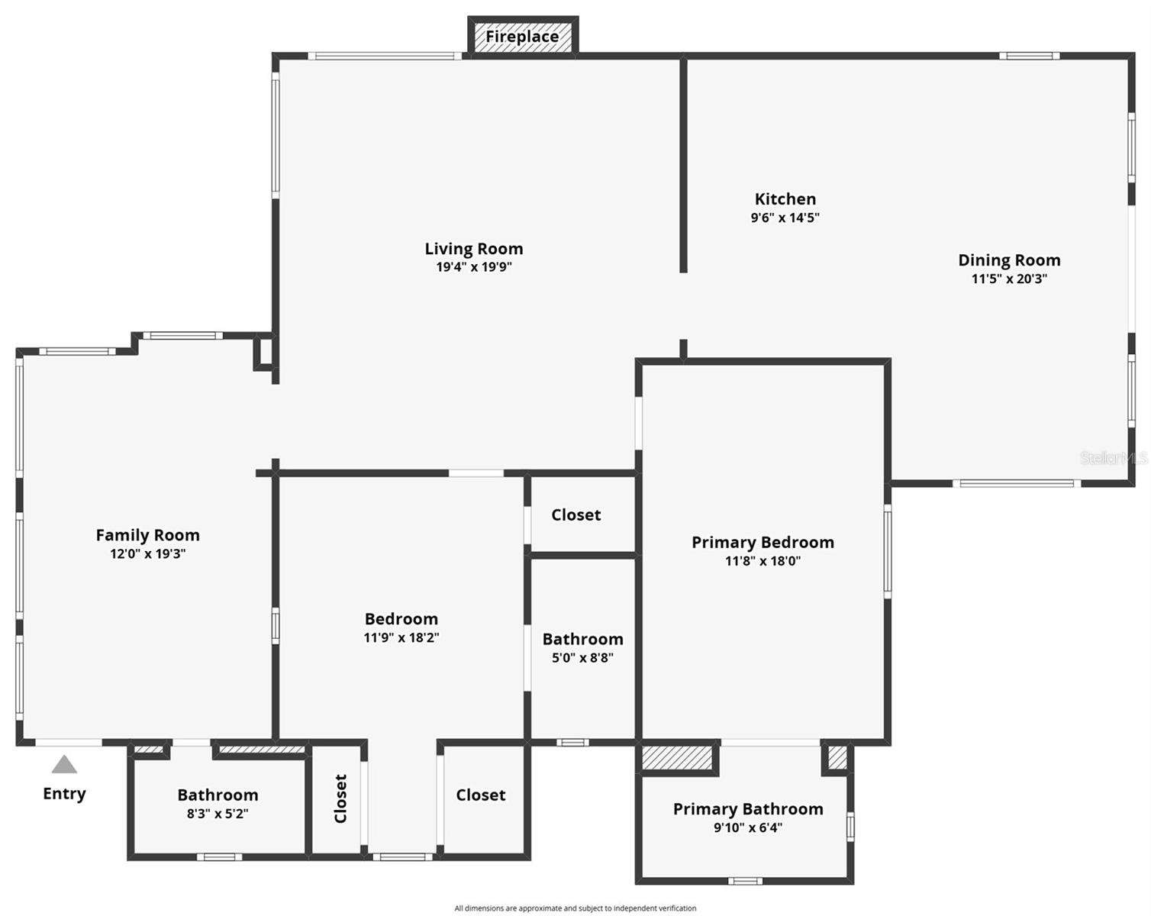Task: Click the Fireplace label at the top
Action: [522, 37]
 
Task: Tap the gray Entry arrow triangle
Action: [64, 765]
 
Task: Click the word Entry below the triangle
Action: [64, 794]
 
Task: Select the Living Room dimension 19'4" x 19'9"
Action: [474, 267]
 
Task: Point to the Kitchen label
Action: [785, 199]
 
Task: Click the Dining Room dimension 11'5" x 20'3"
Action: [1009, 279]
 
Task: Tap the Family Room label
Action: [147, 535]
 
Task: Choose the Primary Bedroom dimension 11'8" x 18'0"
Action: [762, 561]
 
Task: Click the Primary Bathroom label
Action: [748, 809]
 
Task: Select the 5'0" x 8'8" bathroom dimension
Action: [582, 658]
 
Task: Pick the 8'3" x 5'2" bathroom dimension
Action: [218, 814]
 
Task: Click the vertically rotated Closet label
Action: [340, 798]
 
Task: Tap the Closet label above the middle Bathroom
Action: [575, 515]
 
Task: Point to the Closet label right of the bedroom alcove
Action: [481, 795]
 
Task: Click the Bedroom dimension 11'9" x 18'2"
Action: [401, 638]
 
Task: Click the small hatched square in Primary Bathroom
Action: [837, 758]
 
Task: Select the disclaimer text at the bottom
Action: [575, 908]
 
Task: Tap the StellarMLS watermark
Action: [1113, 458]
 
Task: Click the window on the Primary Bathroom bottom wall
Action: [745, 881]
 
